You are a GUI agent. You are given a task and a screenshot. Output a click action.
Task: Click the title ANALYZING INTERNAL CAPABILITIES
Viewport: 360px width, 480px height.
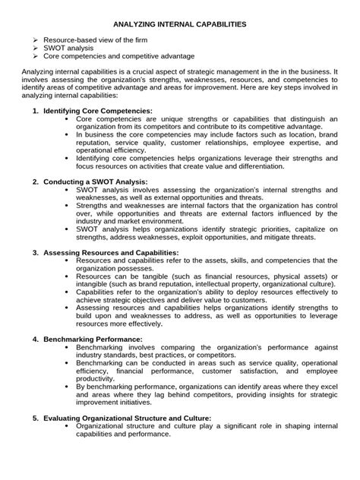179,24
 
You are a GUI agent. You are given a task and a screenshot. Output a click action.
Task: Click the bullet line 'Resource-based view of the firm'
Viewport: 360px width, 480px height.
96,39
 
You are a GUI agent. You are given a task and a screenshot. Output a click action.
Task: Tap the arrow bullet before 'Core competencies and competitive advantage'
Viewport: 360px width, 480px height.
35,56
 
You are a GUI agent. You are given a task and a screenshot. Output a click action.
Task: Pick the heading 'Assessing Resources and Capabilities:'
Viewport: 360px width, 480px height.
111,252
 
